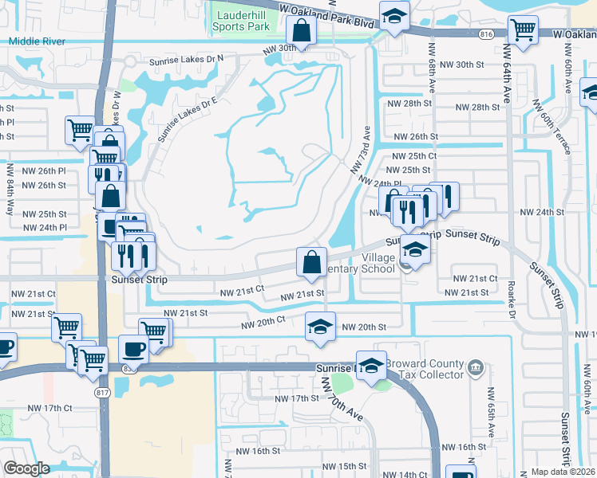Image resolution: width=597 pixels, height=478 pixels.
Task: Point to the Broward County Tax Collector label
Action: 423,369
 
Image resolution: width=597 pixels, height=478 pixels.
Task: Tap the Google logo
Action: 26,468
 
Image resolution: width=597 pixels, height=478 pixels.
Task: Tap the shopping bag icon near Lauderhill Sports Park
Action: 302,31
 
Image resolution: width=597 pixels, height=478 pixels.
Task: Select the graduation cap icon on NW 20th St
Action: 320,327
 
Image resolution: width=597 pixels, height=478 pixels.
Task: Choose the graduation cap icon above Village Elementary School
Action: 414,250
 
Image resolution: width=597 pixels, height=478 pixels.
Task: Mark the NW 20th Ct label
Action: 263,320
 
